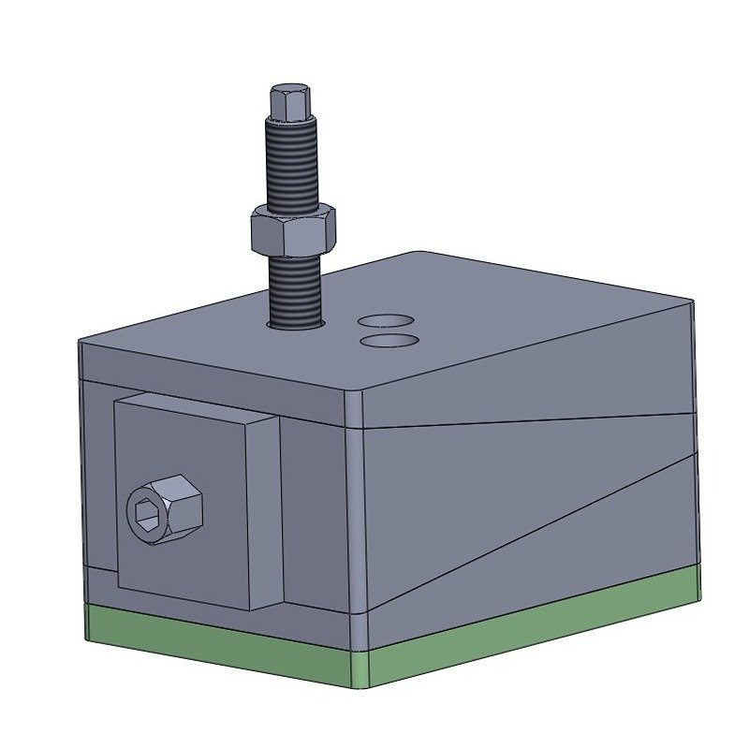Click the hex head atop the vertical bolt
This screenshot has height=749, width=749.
tap(289, 101)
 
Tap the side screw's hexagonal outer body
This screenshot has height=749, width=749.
tap(183, 506)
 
